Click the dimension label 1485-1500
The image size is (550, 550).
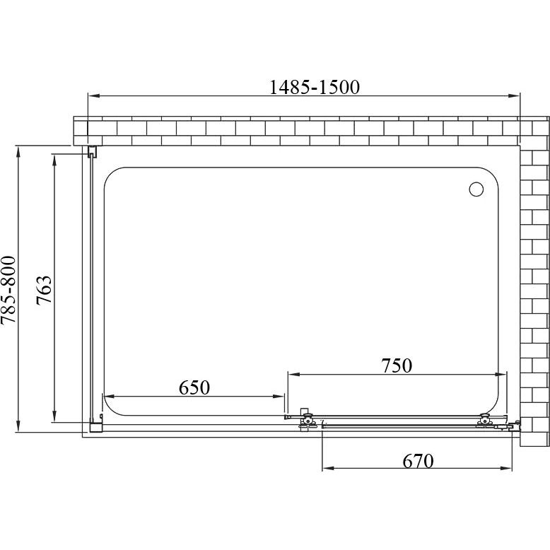(315, 88)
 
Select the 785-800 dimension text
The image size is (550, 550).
(8, 290)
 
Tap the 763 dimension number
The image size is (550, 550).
(45, 291)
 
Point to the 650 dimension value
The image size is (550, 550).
(194, 387)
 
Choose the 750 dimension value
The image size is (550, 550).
(397, 365)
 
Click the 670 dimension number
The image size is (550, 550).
(418, 461)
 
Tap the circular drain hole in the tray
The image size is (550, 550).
(476, 189)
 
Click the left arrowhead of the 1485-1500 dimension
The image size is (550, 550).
(93, 95)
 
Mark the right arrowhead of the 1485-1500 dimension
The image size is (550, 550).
(514, 95)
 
